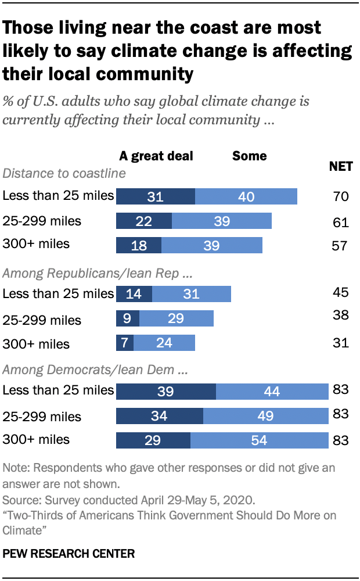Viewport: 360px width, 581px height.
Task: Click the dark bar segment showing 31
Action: (156, 196)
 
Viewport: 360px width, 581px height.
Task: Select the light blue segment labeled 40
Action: (246, 196)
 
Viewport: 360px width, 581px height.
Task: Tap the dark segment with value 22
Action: (144, 221)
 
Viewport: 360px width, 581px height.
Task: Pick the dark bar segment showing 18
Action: (139, 245)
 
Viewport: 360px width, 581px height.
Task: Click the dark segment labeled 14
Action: (134, 294)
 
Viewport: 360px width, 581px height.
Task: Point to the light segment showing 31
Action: (191, 294)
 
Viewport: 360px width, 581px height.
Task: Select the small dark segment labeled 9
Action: (128, 318)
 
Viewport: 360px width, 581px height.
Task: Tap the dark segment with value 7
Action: (125, 343)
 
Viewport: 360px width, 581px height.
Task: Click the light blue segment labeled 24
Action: (164, 343)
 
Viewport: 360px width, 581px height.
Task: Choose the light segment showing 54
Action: (260, 440)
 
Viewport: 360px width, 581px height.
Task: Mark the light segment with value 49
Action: (266, 416)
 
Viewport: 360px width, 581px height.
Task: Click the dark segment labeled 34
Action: (160, 416)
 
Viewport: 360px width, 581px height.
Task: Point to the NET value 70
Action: (341, 196)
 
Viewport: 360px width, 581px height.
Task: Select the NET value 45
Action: (341, 290)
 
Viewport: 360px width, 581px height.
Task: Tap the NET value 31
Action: (341, 343)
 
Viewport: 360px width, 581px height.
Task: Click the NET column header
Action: (341, 167)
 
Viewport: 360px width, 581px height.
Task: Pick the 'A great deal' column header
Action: (156, 156)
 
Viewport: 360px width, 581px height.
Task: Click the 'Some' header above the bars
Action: (250, 156)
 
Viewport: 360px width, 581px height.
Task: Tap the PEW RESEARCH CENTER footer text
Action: (69, 554)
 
